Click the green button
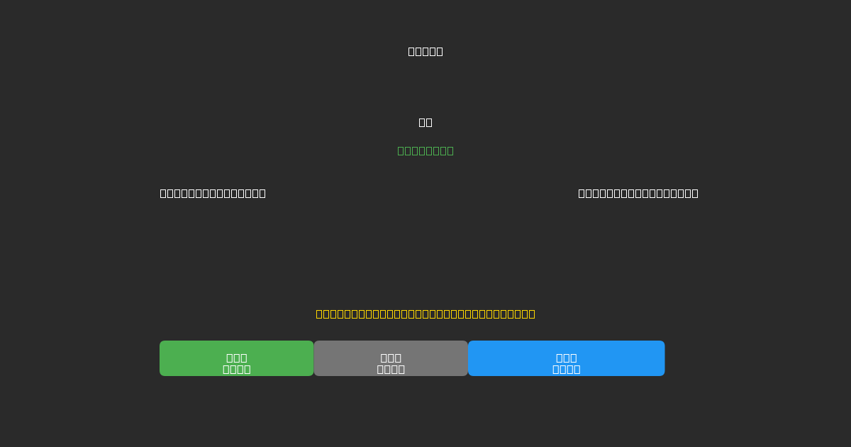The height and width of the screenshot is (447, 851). tap(236, 358)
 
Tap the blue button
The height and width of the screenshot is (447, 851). tap(566, 358)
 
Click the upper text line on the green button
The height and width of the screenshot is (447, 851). tap(236, 358)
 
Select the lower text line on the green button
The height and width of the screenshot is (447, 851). tap(236, 369)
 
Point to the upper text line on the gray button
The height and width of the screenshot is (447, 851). tap(391, 358)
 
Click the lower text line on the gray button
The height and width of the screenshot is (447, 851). tap(391, 369)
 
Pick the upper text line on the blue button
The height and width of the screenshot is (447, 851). tap(566, 358)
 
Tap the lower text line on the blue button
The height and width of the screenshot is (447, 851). tap(566, 369)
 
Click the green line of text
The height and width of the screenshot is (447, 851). tap(425, 150)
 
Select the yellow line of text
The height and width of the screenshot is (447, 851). tap(425, 314)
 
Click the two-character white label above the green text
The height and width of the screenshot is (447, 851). tap(425, 122)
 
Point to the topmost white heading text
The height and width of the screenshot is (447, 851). tap(425, 51)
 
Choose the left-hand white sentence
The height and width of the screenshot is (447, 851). tap(213, 193)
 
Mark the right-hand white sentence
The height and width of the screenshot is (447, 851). tap(638, 193)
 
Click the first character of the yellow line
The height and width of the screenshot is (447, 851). tap(319, 314)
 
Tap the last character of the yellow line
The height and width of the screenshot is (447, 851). tap(532, 314)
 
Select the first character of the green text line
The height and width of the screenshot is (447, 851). tap(401, 150)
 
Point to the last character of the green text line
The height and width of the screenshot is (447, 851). tap(450, 150)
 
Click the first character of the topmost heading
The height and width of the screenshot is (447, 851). tap(411, 51)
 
